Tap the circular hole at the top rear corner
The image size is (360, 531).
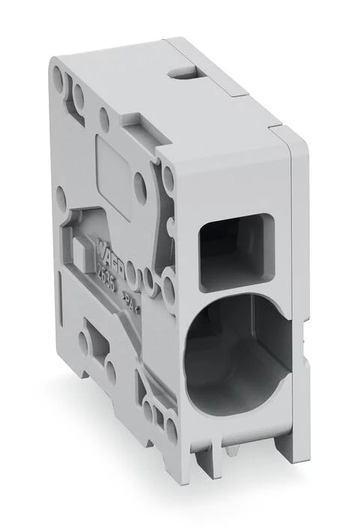(58, 74)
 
